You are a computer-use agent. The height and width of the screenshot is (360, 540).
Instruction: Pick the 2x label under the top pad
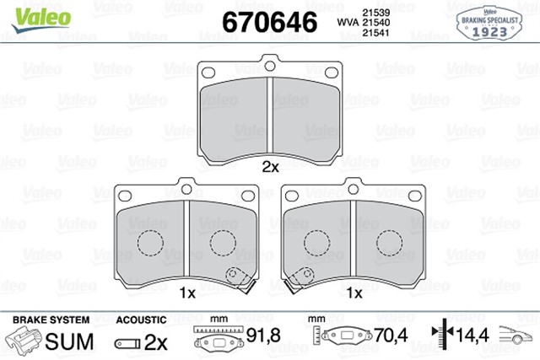[x=269, y=167]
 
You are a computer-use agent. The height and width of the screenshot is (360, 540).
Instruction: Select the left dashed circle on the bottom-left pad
[x=150, y=243]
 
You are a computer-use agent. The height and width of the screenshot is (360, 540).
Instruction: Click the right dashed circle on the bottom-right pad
[x=390, y=243]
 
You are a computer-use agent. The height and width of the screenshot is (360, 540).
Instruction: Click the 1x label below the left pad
[x=187, y=293]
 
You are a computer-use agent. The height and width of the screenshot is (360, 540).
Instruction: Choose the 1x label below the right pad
[x=354, y=293]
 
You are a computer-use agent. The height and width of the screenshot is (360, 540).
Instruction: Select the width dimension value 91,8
[x=263, y=339]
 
